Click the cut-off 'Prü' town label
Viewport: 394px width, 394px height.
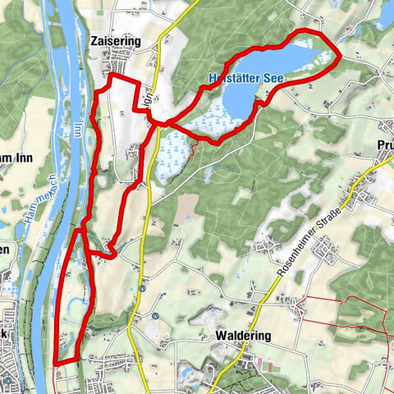tap(384, 144)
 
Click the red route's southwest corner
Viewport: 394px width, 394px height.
tap(54, 361)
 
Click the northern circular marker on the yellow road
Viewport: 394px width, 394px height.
tap(143, 288)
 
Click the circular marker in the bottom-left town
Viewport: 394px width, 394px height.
tap(8, 379)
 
